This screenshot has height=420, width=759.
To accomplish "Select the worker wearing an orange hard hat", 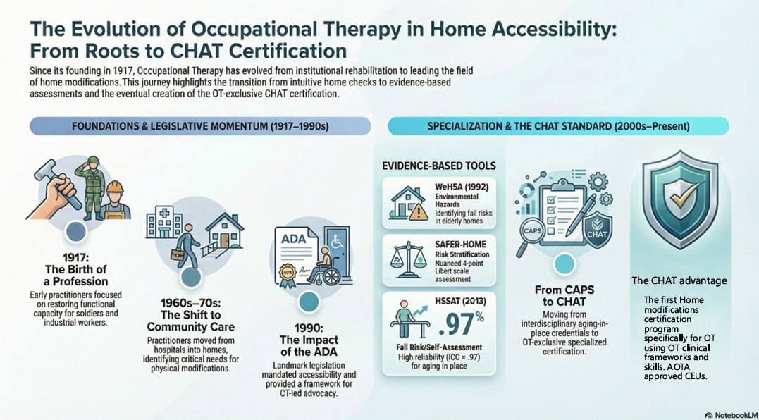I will coord(113,197).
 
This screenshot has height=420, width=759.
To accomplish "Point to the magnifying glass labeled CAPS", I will coord(531,230).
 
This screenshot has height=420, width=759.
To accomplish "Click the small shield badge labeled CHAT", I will coord(597,230).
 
